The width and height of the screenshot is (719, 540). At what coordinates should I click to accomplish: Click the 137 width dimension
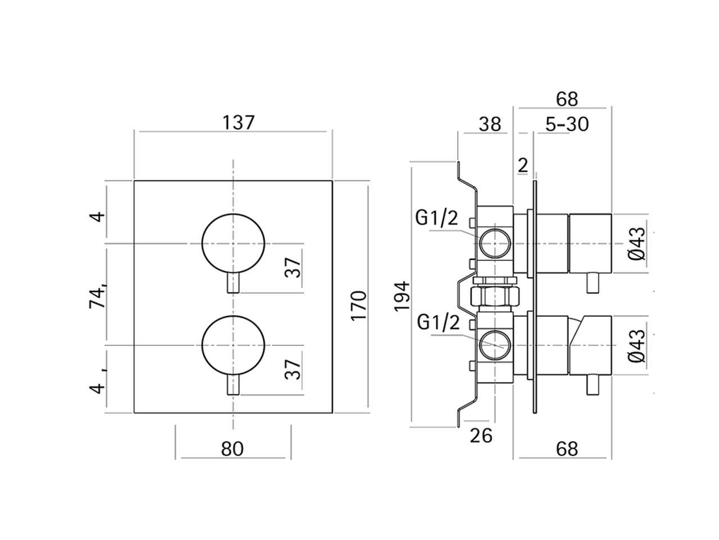(239, 122)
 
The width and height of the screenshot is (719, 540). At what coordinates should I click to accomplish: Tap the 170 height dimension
(358, 305)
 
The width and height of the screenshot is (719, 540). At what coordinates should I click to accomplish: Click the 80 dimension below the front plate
(233, 449)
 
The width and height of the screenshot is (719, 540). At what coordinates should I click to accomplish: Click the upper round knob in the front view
(233, 244)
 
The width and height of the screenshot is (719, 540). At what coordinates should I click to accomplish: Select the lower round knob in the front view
(233, 344)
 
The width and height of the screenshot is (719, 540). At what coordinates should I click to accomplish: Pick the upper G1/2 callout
(436, 218)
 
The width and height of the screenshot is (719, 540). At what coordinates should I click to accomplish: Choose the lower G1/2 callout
(438, 323)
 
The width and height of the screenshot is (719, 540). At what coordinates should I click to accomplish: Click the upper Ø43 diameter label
(636, 244)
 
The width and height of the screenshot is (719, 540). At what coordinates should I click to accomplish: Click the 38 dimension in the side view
(489, 124)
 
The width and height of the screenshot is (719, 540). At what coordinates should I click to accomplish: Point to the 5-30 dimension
(566, 124)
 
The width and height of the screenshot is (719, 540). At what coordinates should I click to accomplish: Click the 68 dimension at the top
(567, 98)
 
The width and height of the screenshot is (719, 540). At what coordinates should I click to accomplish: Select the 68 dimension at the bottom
(566, 448)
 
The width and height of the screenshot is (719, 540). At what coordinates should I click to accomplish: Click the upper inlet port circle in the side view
(495, 243)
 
